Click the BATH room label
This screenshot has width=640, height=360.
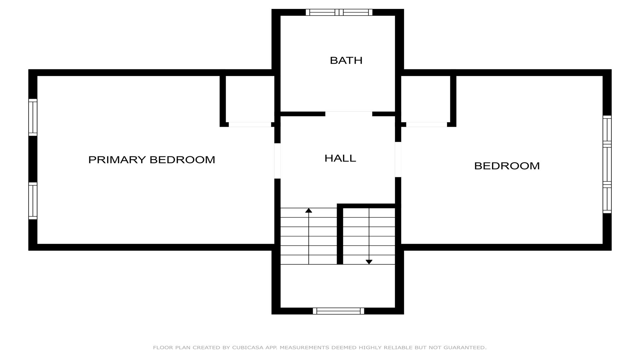tap(346, 60)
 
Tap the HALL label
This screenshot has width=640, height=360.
tap(340, 158)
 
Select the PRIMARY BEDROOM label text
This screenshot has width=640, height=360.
tap(152, 160)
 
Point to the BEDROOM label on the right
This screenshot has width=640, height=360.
tap(507, 166)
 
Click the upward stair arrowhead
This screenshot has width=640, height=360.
tap(309, 210)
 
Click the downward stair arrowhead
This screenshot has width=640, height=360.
tap(369, 262)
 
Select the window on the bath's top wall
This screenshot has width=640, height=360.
tap(339, 12)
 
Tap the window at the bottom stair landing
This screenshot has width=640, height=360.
tap(338, 311)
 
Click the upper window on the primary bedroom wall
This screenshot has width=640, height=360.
tap(33, 117)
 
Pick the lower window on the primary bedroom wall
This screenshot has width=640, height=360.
tap(33, 201)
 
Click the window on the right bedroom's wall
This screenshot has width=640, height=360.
tap(607, 164)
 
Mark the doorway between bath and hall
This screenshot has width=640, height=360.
tap(349, 114)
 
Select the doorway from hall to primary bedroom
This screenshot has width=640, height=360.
tap(277, 161)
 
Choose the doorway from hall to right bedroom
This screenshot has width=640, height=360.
tap(398, 159)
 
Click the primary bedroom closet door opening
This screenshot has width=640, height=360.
tap(250, 125)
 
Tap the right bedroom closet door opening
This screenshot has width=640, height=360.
tap(426, 125)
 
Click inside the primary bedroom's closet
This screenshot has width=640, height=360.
tap(250, 99)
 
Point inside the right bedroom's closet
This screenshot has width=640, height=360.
tap(425, 99)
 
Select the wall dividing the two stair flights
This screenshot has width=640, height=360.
tap(340, 234)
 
